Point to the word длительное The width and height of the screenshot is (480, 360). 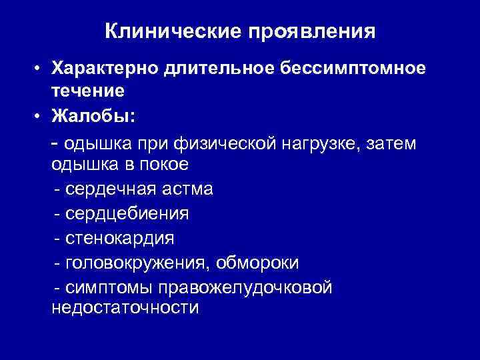point(215,68)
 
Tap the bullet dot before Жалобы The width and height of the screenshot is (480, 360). point(40,117)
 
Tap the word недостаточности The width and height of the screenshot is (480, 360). point(125,308)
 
